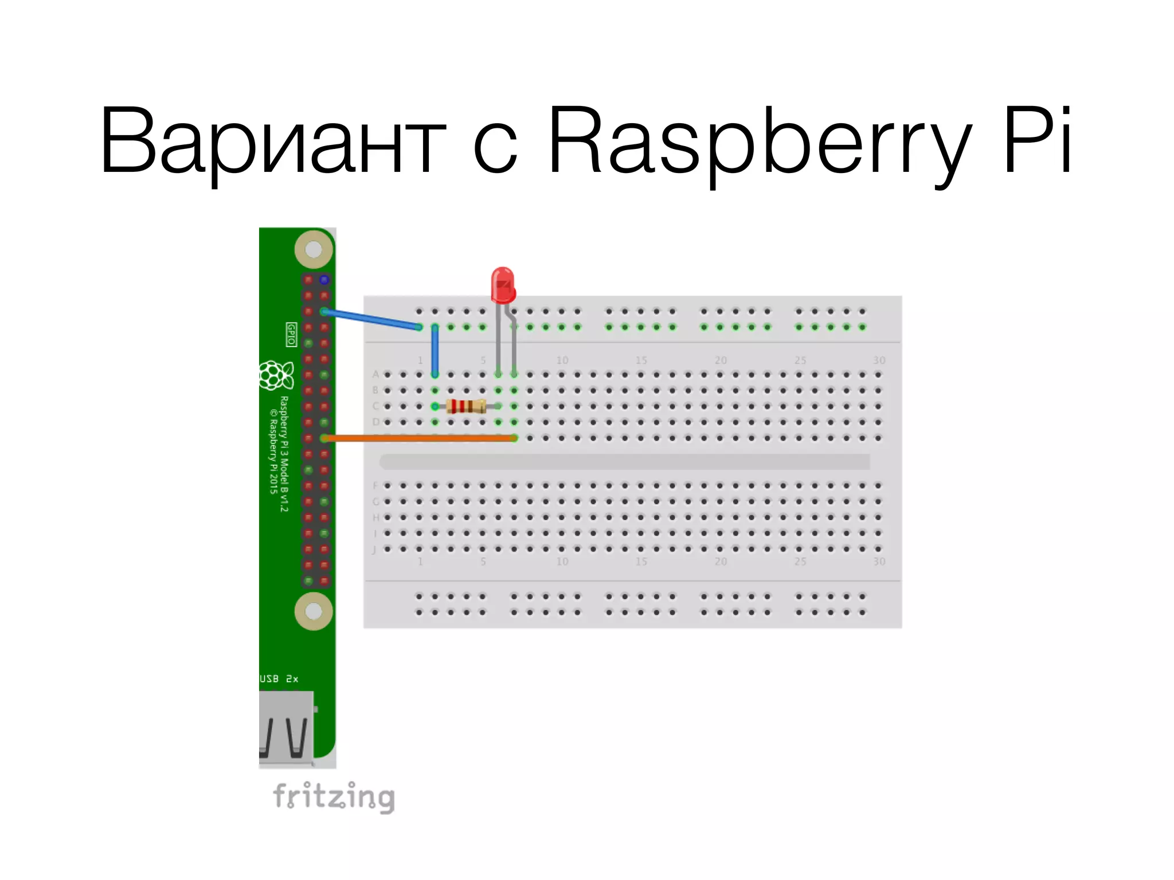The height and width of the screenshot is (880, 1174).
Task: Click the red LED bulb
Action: pyautogui.click(x=503, y=285)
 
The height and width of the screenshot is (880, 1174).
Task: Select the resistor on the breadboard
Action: pyautogui.click(x=466, y=406)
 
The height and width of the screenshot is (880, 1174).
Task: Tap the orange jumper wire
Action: pyautogui.click(x=418, y=438)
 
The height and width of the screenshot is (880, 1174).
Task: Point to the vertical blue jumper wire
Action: pyautogui.click(x=435, y=351)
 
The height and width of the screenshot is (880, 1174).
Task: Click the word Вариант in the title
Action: pyautogui.click(x=272, y=140)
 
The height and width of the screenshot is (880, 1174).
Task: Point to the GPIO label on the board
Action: pyautogui.click(x=291, y=334)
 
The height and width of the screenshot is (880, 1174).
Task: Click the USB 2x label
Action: pyautogui.click(x=279, y=679)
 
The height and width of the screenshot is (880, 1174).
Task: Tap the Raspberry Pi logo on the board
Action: pyautogui.click(x=276, y=375)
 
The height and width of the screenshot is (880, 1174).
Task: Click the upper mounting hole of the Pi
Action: pyautogui.click(x=314, y=249)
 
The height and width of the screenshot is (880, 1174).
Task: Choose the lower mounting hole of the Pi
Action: pyautogui.click(x=314, y=611)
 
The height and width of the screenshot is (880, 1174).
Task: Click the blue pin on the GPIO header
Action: pyautogui.click(x=324, y=280)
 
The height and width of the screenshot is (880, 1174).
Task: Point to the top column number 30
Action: pyautogui.click(x=879, y=360)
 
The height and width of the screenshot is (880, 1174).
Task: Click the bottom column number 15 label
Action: pyautogui.click(x=641, y=561)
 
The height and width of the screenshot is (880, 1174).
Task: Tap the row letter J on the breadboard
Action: pyautogui.click(x=374, y=550)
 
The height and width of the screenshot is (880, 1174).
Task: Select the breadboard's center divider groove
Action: pyautogui.click(x=625, y=462)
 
